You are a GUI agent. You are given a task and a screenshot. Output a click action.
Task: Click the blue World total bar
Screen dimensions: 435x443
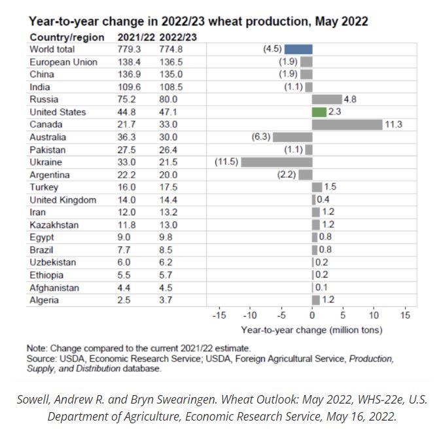[298, 49]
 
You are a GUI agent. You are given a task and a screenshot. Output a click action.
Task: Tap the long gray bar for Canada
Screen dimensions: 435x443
[347, 124]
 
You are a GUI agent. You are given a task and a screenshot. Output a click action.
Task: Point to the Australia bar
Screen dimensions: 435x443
[292, 137]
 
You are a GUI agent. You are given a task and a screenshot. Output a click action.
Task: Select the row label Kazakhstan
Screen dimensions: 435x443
[54, 225]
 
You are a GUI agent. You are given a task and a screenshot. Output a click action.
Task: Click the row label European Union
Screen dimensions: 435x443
[63, 62]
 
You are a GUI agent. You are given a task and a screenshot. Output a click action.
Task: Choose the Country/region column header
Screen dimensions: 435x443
[67, 37]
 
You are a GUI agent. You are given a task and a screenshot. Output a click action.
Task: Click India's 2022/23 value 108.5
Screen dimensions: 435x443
[171, 87]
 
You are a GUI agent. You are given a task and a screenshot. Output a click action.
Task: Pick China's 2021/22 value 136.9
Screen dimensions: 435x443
[132, 75]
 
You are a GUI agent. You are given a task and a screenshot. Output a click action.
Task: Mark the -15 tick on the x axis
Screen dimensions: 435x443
[219, 315]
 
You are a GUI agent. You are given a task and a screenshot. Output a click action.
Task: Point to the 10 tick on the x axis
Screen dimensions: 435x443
[374, 315]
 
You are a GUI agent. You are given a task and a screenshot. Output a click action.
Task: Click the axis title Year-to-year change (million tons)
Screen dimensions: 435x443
[311, 330]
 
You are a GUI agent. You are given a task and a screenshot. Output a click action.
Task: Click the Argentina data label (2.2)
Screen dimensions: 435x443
[287, 175]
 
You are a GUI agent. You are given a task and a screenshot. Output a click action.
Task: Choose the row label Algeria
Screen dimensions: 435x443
[44, 300]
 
